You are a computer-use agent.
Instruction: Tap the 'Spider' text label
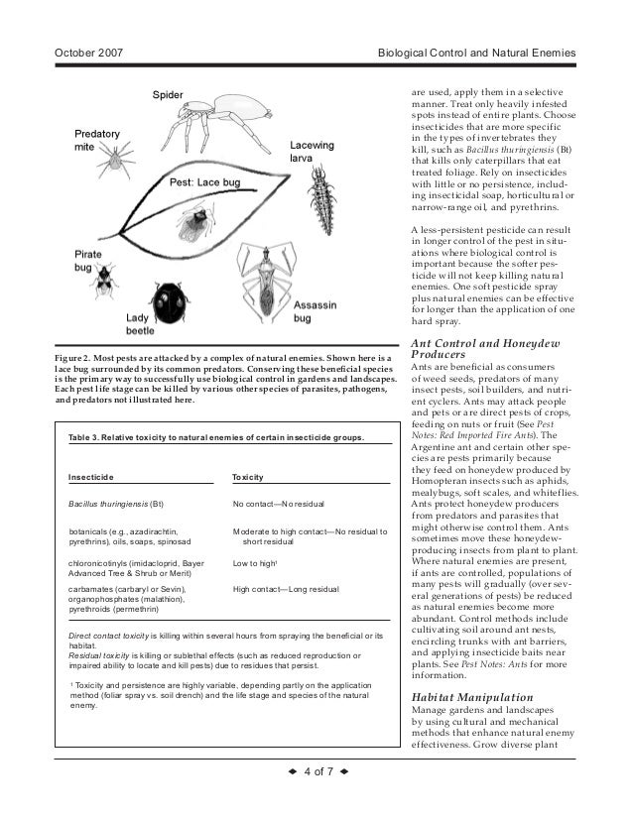[168, 94]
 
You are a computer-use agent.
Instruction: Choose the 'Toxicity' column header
[247, 477]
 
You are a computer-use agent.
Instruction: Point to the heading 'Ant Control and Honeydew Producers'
[485, 348]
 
